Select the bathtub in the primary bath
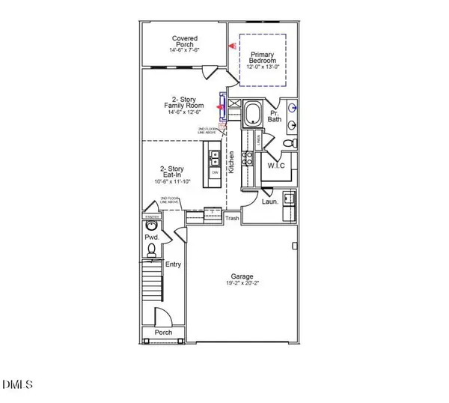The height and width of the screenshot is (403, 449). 253,115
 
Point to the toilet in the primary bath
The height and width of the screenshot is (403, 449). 291,142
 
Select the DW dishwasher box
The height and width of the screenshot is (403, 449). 215,172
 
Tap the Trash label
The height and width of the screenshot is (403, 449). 233,219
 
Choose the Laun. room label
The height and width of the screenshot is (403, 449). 271,201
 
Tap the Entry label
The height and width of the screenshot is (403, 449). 174,264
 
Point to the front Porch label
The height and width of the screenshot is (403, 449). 163,332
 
